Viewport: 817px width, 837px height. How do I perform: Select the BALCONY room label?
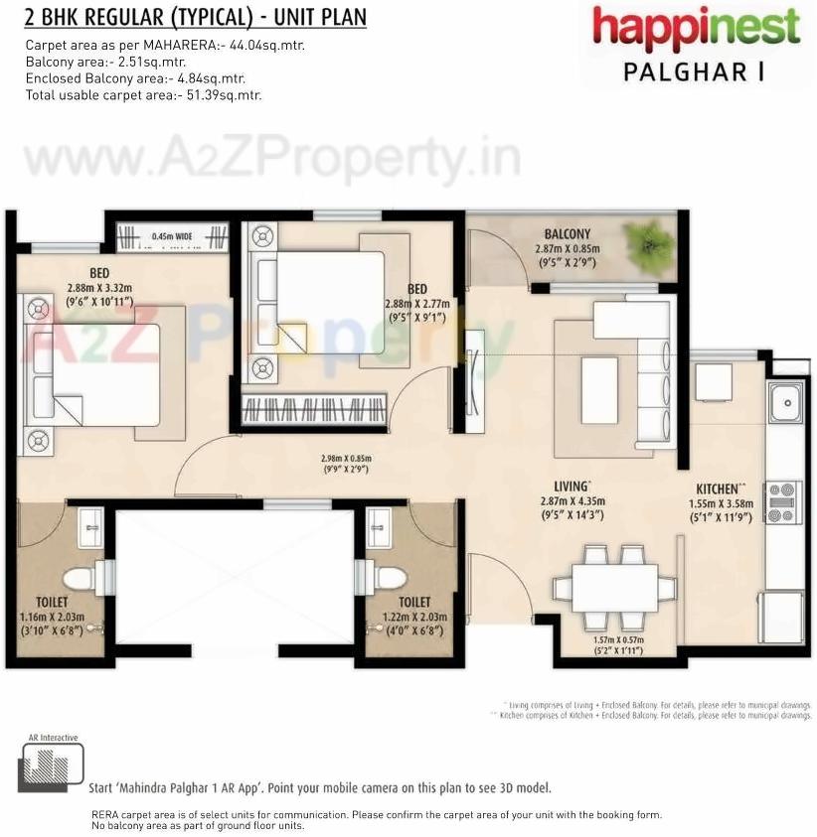pyautogui.click(x=567, y=234)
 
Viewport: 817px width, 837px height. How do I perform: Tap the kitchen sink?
pyautogui.click(x=785, y=401)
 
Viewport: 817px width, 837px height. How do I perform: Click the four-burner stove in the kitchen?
pyautogui.click(x=782, y=501)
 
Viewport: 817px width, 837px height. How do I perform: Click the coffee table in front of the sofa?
pyautogui.click(x=598, y=389)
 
